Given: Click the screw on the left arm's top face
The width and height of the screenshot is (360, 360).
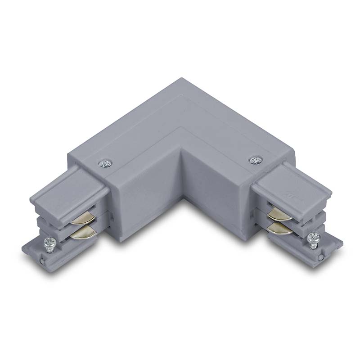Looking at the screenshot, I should (106, 163).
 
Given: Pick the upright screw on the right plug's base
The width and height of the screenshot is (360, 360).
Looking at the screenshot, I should (313, 238).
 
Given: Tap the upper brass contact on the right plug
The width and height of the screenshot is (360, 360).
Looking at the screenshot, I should (279, 215).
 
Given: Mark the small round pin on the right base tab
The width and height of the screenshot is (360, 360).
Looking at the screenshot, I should (320, 257).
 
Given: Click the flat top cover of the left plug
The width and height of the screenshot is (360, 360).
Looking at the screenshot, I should (67, 189).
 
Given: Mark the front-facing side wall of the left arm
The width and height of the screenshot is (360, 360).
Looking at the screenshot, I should (144, 202).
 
